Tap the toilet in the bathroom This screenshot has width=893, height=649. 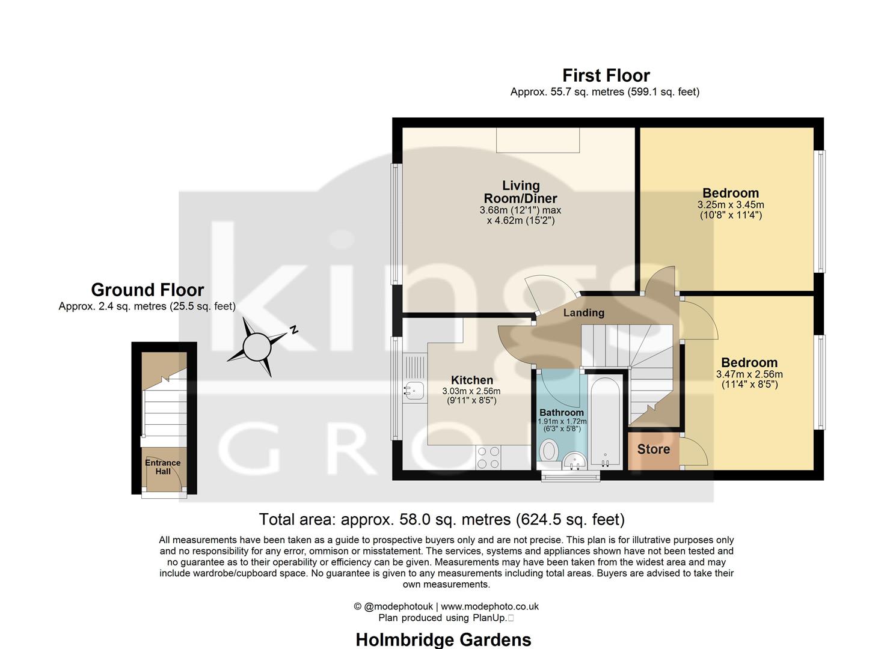(548, 451)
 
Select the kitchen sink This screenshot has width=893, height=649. (413, 390)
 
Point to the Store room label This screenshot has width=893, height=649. (653, 449)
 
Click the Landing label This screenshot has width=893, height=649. (583, 312)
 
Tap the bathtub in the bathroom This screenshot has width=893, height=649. (606, 421)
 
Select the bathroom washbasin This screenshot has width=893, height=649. (575, 461)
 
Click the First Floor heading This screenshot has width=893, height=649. (606, 76)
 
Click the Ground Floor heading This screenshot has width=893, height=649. (147, 290)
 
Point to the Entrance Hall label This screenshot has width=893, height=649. (162, 467)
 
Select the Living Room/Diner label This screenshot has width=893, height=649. (521, 192)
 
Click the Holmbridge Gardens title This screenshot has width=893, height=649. (443, 639)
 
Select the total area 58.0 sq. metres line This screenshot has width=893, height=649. (441, 519)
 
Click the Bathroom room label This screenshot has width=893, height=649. (561, 413)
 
